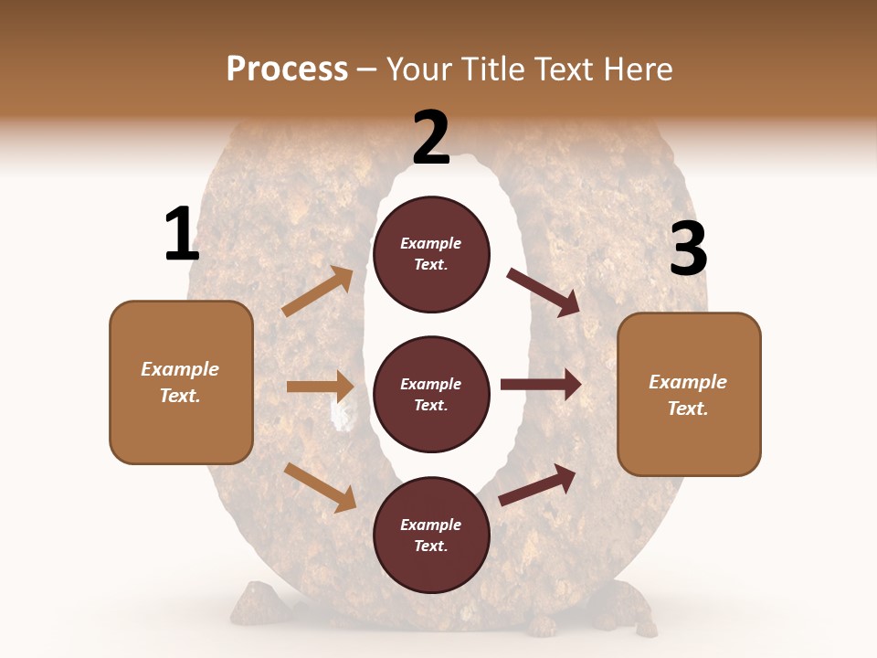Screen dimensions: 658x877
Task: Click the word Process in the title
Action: (287, 69)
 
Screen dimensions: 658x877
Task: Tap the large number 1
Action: (181, 236)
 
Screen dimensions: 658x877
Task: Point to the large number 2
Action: (431, 139)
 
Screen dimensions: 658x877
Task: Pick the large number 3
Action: (688, 249)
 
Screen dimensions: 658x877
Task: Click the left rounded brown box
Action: (181, 382)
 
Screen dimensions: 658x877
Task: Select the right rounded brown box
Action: (689, 394)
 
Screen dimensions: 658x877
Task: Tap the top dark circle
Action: (431, 254)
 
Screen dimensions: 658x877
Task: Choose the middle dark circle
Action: (431, 394)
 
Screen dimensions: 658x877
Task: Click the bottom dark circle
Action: (431, 535)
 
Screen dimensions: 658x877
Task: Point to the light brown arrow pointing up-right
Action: (318, 292)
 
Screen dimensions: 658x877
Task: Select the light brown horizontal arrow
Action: (320, 387)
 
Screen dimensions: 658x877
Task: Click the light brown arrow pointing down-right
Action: (321, 487)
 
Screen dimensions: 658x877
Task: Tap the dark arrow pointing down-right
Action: (544, 292)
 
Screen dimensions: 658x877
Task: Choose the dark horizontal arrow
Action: (541, 385)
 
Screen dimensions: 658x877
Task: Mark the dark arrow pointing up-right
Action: (537, 485)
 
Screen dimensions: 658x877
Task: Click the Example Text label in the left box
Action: (180, 382)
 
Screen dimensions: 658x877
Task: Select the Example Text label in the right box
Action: (688, 395)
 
